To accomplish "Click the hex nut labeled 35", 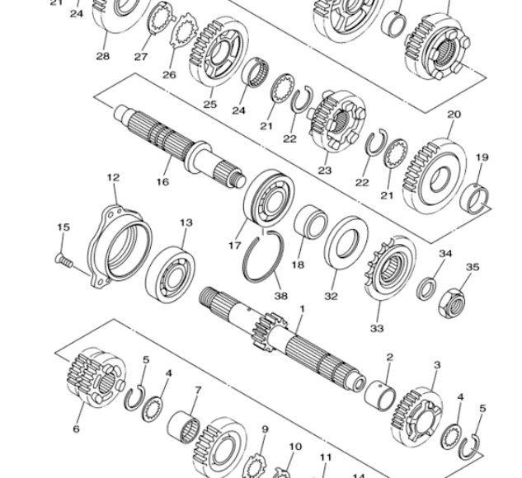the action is pos(451,303).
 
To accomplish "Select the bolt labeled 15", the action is pos(63,260).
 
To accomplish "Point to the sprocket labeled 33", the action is pos(390,269).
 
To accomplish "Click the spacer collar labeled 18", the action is pos(310,223).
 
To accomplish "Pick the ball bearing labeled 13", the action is pos(170,274).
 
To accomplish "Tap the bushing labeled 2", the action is pos(380,396).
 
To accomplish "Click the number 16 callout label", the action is pos(162,182).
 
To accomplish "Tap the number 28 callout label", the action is pos(102,56).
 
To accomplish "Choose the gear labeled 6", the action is pos(96,376).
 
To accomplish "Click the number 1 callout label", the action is pos(303,309).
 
